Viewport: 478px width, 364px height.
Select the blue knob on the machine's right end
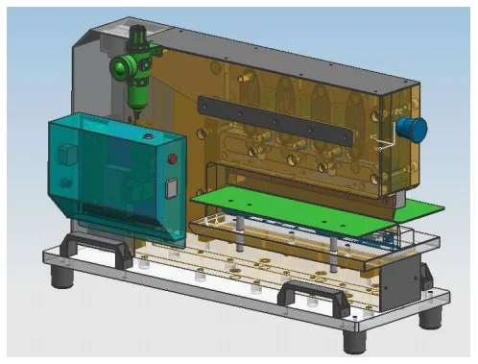413,129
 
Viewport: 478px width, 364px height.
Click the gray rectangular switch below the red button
172,188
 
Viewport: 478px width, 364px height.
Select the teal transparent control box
110,173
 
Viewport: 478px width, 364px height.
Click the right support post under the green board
332,248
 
